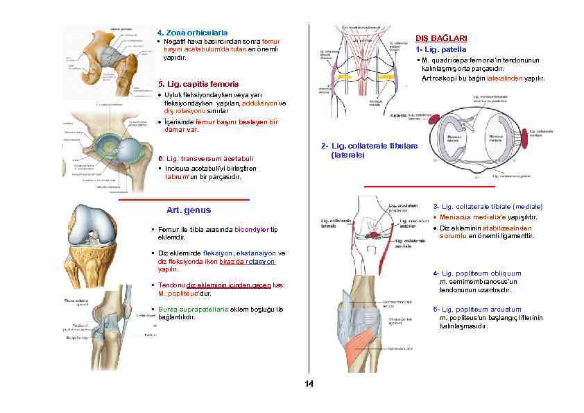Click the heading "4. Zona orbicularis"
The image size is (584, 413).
tap(192, 33)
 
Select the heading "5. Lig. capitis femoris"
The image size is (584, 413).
tap(198, 84)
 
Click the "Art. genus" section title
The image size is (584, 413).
tap(189, 210)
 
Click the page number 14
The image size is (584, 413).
tap(309, 384)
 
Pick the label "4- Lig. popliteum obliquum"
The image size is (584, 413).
tap(476, 273)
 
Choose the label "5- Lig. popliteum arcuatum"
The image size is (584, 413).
tap(476, 310)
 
